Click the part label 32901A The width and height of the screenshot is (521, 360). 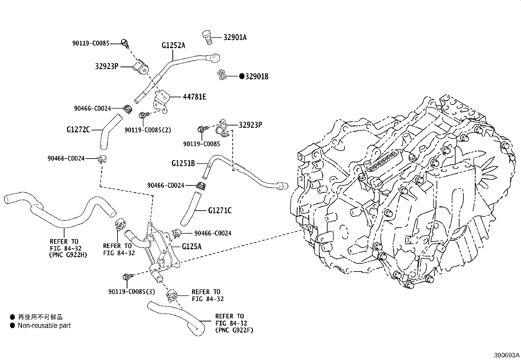pos(235,37)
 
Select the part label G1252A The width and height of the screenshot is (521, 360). pos(173,45)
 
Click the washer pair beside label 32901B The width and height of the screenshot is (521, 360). pos(222,75)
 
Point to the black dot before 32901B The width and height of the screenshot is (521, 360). pos(242,76)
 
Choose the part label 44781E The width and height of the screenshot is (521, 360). pos(194,97)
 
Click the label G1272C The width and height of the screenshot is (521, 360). pos(79,129)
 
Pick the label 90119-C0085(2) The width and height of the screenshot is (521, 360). pos(148,130)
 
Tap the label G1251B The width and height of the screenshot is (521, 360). pos(183,163)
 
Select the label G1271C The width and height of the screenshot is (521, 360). pos(220,211)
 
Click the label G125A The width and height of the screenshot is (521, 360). pos(192,246)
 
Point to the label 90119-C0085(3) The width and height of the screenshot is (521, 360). pos(132,292)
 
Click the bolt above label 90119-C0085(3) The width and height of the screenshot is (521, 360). pos(128,277)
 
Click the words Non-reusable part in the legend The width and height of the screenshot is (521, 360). pos(44,326)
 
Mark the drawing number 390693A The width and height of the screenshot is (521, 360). pos(507,355)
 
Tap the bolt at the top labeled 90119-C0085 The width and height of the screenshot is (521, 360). pos(125,43)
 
